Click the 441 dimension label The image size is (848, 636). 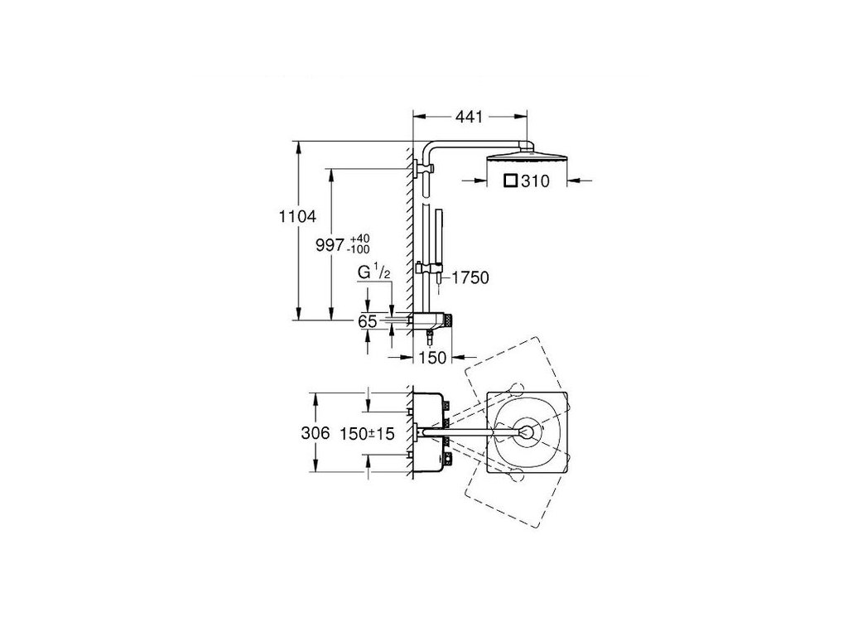(469, 116)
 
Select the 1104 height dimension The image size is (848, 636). (297, 217)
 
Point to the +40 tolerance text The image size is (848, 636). (359, 238)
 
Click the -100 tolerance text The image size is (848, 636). (359, 249)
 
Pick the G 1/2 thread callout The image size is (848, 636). (373, 272)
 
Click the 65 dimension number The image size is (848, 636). (367, 321)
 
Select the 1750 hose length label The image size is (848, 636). (470, 278)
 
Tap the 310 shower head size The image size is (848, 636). (536, 181)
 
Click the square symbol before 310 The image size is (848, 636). (510, 180)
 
